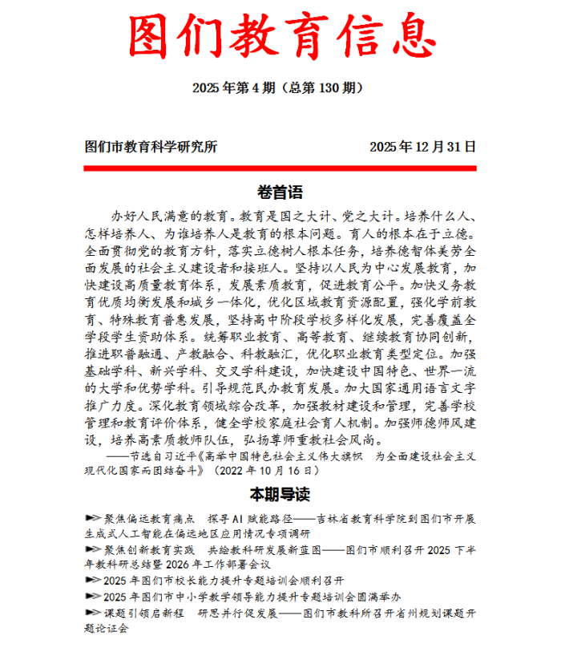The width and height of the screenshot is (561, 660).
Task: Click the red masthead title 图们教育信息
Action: point(280,38)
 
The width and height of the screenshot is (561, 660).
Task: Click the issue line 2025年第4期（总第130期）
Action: point(280,87)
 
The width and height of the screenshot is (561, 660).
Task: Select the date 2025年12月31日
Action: point(422,147)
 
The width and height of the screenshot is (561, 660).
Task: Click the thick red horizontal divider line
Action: point(280,168)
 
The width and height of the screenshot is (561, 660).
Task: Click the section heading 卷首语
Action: point(280,192)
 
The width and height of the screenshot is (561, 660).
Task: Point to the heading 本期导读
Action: point(280,492)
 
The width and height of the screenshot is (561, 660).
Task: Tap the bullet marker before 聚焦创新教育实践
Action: point(92,550)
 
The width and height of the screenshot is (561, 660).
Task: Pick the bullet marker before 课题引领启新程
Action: point(92,613)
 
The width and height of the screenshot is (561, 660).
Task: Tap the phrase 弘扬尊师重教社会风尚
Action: point(317,440)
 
